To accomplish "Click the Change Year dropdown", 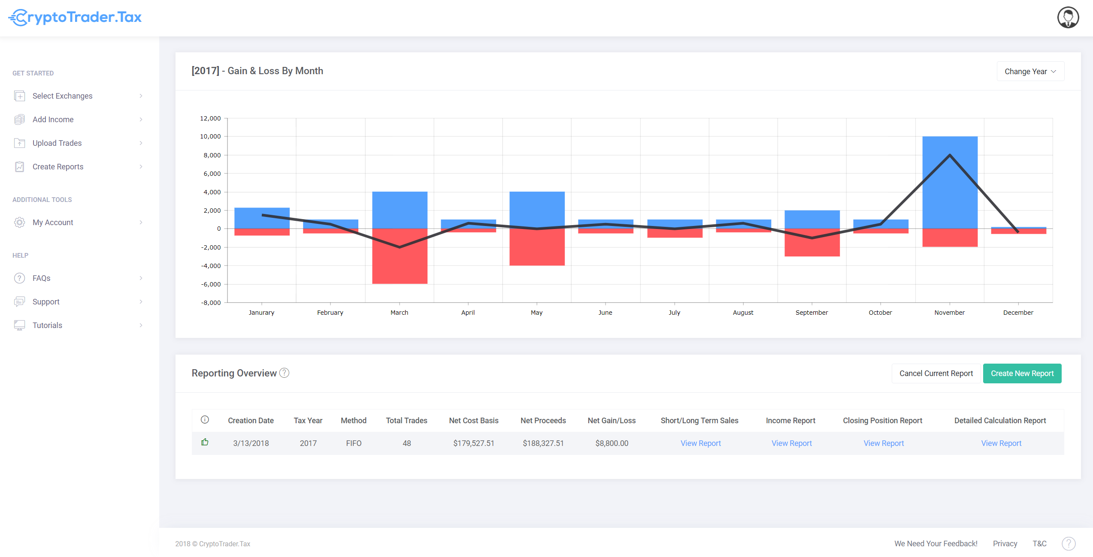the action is coord(1030,72).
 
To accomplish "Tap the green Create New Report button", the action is coord(1022,373).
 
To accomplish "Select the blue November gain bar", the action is coord(950,183).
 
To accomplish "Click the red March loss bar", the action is coord(400,256).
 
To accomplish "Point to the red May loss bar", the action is coord(537,247).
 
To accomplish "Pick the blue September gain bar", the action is coord(812,220).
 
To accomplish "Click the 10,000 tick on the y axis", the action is coord(210,136).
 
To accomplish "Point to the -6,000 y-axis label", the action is coord(211,284).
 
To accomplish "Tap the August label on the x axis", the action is coord(743,313).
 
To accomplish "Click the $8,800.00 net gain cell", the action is coord(612,443).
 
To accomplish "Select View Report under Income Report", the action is coord(791,443).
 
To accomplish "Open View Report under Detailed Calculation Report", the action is coord(1001,443).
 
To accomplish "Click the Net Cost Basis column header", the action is coord(474,421).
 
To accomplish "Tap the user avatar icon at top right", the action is coord(1068,18).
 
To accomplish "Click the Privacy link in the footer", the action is coord(1005,544).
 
